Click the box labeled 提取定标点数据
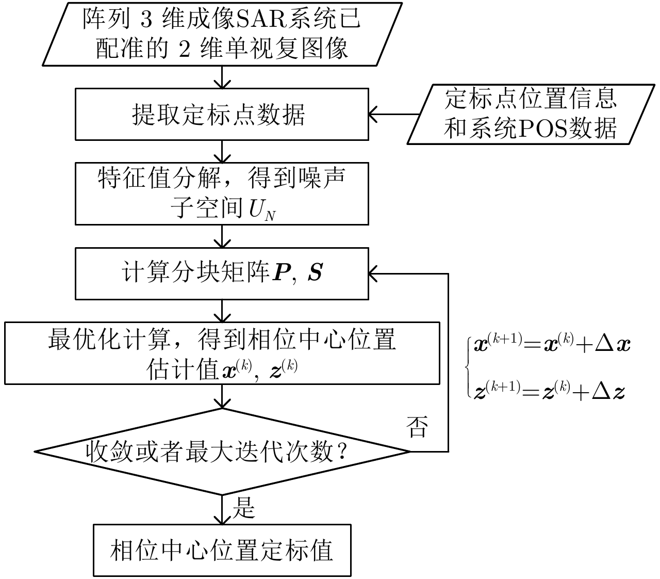(x=222, y=114)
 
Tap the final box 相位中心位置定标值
(x=222, y=551)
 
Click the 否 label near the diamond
(x=417, y=427)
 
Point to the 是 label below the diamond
(x=244, y=508)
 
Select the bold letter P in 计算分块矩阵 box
(x=282, y=273)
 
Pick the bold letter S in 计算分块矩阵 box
(x=315, y=273)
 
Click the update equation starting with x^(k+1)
(x=552, y=344)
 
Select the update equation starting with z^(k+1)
(x=550, y=392)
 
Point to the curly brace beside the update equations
(x=468, y=367)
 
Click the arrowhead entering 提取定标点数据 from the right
(x=373, y=115)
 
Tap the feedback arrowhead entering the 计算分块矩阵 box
(x=373, y=274)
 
